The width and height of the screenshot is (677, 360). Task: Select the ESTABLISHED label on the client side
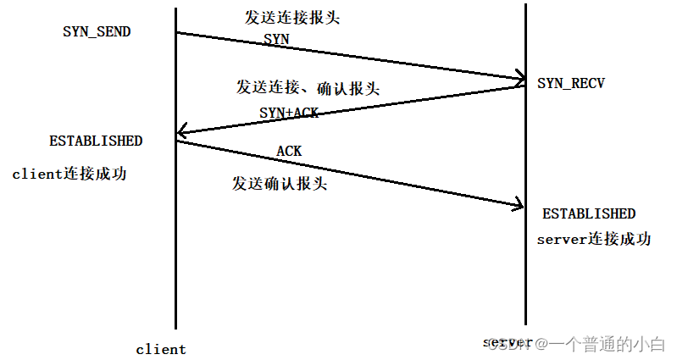coord(95,141)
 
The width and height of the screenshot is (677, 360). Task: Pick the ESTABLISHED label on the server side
coord(588,213)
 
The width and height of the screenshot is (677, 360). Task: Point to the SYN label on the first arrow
coord(276,39)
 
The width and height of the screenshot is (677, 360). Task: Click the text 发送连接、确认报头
coord(307,87)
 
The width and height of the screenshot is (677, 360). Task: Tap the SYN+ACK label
coord(289,112)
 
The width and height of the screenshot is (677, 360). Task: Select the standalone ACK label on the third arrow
coord(289,151)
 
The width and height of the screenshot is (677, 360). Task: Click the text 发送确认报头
coord(280,183)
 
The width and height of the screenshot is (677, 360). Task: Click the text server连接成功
coord(593,239)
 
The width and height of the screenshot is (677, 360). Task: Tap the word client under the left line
coord(161,349)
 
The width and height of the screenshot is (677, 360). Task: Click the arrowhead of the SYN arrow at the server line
coord(522,80)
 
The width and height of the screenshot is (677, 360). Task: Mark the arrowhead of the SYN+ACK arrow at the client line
coord(180,133)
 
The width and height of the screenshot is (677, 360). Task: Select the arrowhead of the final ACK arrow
coord(519,204)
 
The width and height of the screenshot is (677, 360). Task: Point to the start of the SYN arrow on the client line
coord(176,33)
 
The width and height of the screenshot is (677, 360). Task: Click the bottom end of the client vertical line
coord(175,327)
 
